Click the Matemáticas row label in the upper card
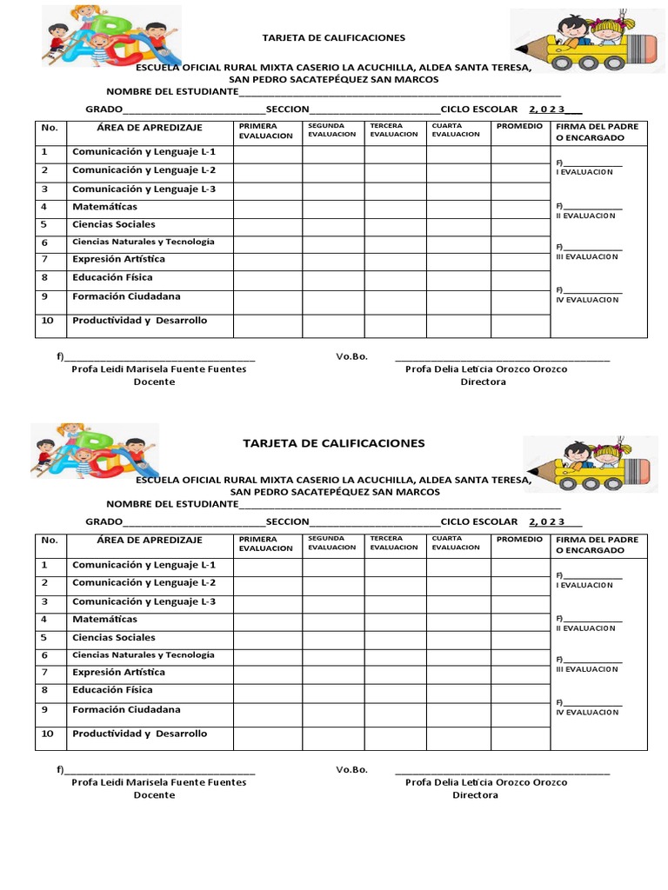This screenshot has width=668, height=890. pos(104,207)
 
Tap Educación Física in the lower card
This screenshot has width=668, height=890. pos(112,690)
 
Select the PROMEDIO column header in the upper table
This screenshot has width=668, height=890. pos(519,127)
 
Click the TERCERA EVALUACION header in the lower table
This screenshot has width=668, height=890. pos(393,543)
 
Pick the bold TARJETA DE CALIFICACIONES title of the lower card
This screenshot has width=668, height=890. pos(334,443)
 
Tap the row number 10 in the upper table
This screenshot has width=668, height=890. pos(48,321)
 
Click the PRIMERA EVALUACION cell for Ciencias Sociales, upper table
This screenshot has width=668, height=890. pos(267,225)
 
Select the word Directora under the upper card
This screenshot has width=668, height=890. pos(483,382)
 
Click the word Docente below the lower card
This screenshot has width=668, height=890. pos(154,795)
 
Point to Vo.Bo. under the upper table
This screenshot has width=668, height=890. pos(352,356)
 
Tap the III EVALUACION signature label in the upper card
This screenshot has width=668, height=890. pos(586,256)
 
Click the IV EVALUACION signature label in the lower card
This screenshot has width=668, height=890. pos(587,713)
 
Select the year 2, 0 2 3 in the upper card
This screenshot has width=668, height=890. pos(547,110)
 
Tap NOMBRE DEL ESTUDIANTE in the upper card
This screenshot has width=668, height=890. pos(172,92)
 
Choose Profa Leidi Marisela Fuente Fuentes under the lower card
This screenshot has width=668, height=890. pos(158,782)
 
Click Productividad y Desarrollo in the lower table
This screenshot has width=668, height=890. pos(139,734)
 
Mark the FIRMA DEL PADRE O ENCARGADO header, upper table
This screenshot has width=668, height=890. pos(597,132)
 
